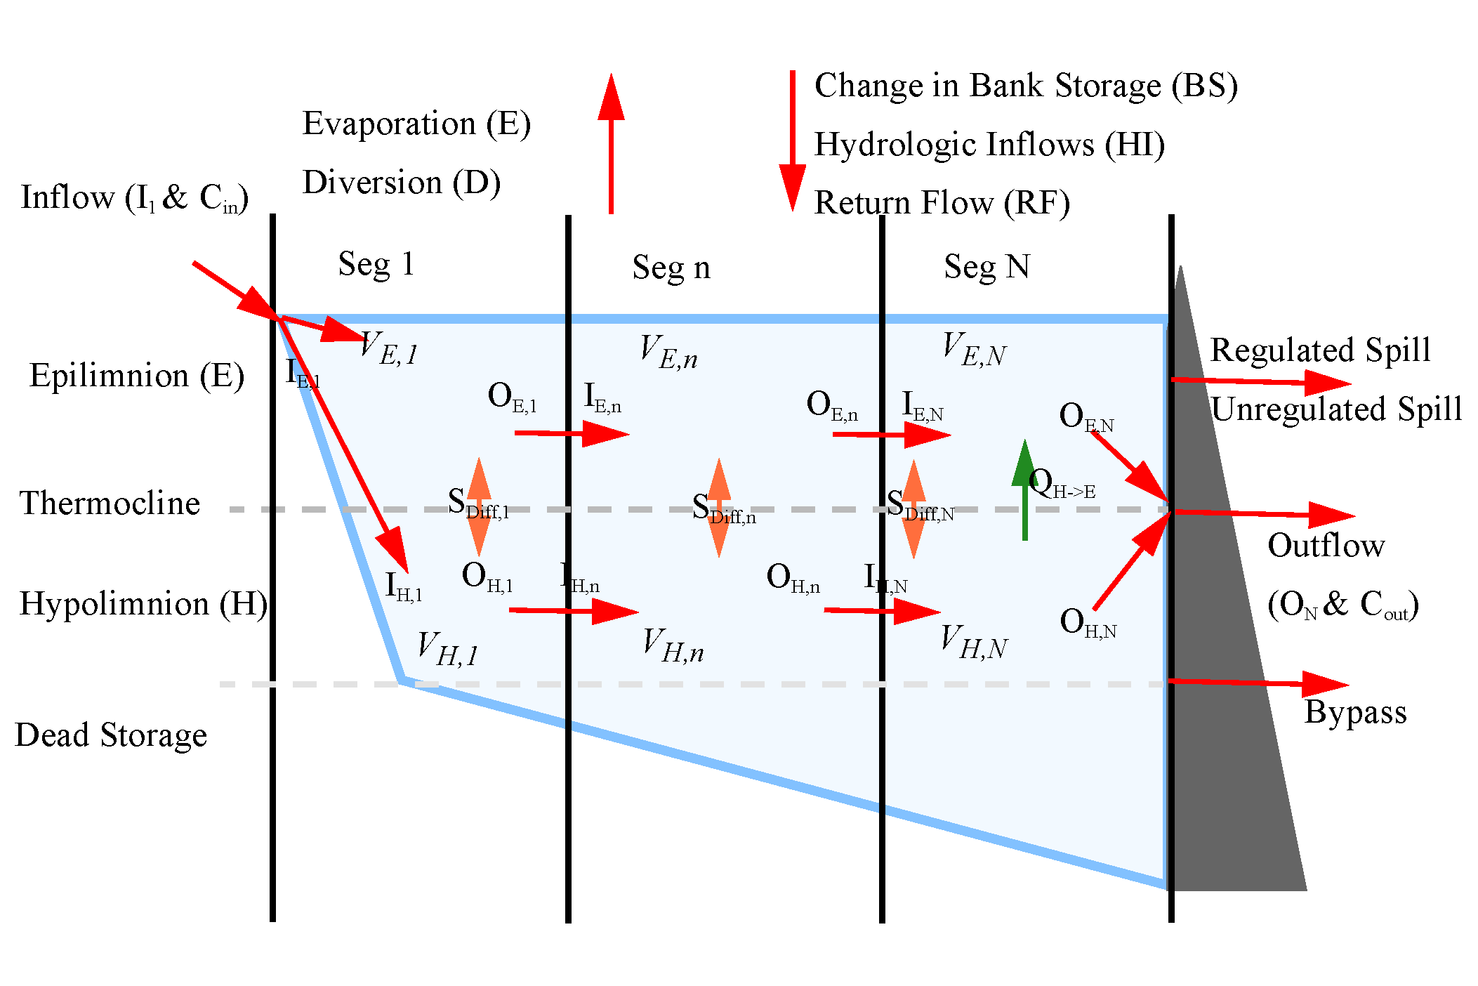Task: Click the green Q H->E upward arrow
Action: click(x=1025, y=492)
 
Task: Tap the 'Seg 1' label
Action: click(x=376, y=265)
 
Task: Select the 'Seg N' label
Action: click(x=987, y=268)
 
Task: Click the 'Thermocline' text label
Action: click(x=110, y=504)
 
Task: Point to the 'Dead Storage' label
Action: click(x=111, y=735)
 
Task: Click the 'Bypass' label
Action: click(x=1355, y=713)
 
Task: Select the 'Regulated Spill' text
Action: click(x=1320, y=350)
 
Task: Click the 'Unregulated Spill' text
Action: click(x=1336, y=409)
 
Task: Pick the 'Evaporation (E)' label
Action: click(x=416, y=124)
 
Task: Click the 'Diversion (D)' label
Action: click(x=401, y=183)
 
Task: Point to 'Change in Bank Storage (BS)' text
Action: click(x=1025, y=86)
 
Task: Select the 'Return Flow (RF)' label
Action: click(x=942, y=203)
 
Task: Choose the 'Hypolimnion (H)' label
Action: click(x=143, y=604)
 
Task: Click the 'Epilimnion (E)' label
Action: click(x=137, y=376)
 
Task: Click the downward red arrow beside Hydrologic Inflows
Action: click(x=793, y=140)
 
